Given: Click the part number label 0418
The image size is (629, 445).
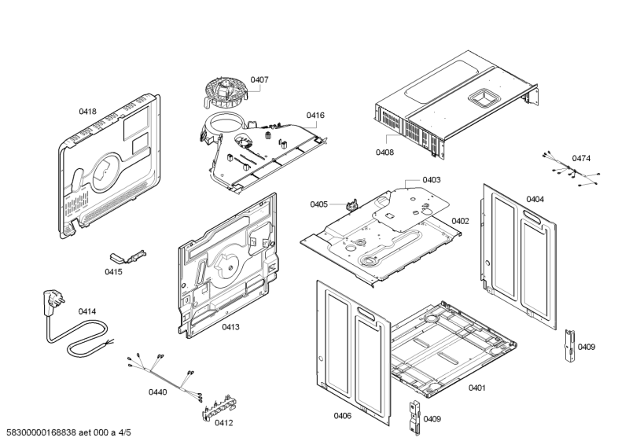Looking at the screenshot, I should pos(87,112).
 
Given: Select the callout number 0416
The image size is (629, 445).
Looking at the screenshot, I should pos(315,116).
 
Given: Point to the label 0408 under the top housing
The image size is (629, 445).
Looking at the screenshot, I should pos(384,152).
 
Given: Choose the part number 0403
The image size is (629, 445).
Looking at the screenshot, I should pos(432,180).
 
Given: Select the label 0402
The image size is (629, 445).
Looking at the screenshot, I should pos(460,221).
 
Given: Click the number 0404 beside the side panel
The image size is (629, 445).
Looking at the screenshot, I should pos(535,199).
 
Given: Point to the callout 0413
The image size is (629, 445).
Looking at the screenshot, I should pos(230,326).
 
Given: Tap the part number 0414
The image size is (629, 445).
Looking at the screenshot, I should pos(86,311).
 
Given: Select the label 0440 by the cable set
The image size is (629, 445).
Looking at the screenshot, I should pos(157,391).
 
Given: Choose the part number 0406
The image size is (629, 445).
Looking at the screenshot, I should pos(342,415).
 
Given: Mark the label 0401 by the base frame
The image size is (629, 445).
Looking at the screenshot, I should pos(476,388).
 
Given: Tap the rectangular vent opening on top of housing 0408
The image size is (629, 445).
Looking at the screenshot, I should pos(483,97).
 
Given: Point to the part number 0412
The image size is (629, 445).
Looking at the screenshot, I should pos(224,422).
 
